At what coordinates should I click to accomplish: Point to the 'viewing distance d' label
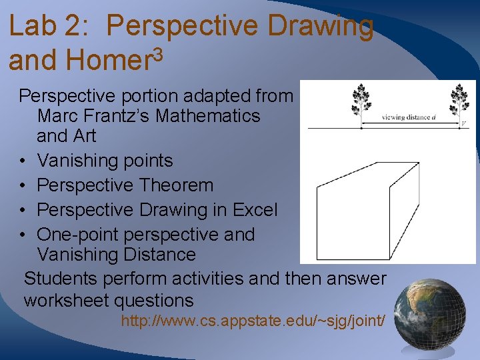point(409,117)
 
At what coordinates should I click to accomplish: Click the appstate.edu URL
point(253,321)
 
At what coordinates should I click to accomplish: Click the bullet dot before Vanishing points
point(23,161)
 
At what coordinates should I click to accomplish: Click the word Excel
point(255,210)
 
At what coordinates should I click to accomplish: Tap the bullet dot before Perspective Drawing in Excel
point(23,211)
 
